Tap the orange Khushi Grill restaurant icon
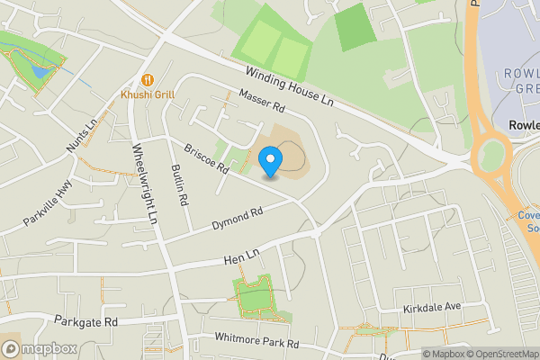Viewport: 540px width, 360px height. (145, 79)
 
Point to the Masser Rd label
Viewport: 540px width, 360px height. (262, 101)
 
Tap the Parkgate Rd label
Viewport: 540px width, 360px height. (86, 320)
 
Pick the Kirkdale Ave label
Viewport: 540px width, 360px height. (432, 307)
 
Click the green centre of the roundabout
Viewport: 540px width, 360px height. (491, 154)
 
